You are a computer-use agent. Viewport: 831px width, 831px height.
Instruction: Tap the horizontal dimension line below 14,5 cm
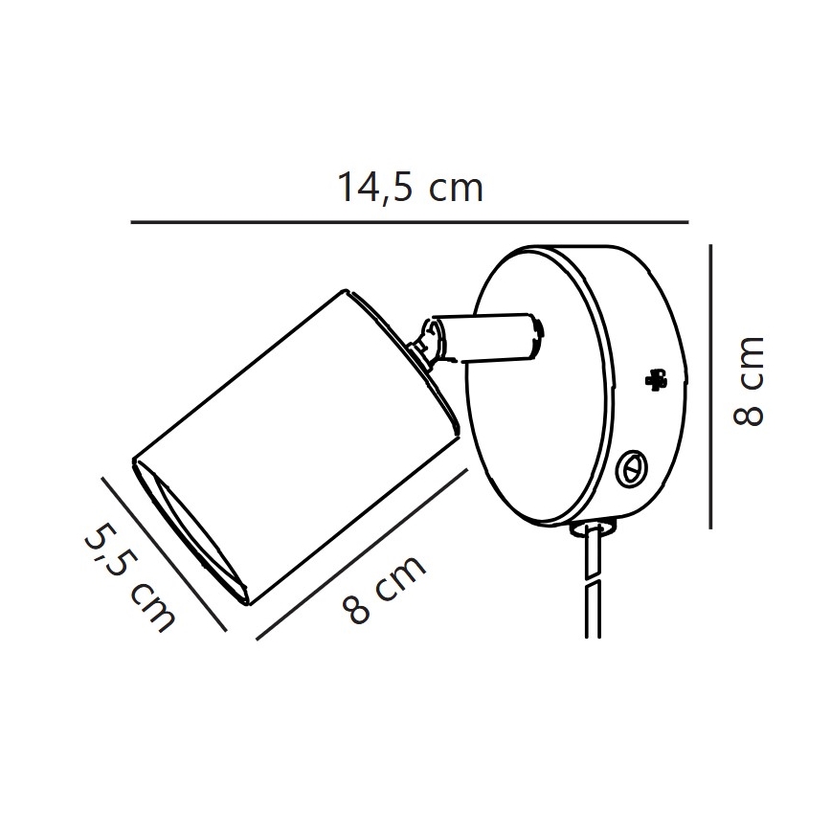410,222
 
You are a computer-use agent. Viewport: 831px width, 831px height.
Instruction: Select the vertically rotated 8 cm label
748,381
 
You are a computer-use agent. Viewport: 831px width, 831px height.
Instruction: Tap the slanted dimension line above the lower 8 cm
361,552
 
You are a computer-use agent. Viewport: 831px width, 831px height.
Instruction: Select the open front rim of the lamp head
191,531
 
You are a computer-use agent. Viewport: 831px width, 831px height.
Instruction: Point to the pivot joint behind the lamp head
428,343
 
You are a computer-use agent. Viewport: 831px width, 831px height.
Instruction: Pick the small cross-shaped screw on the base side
655,379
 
